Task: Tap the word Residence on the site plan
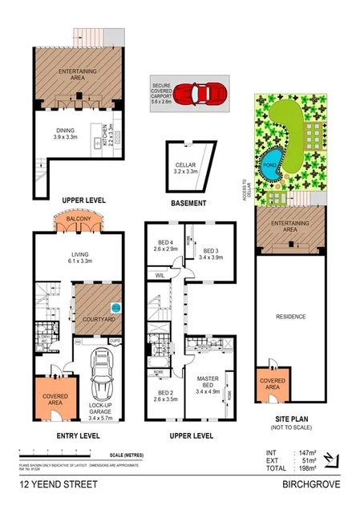click(x=291, y=317)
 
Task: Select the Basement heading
click(x=190, y=204)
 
